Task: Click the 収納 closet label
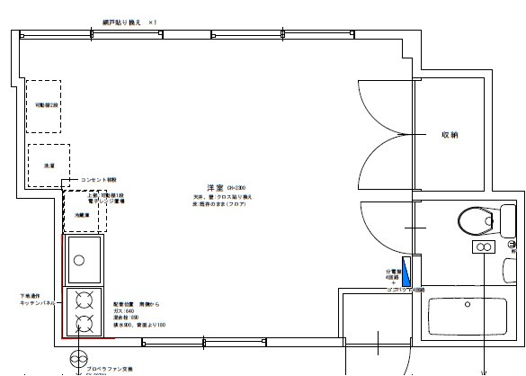(x=449, y=134)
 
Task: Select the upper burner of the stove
(x=85, y=300)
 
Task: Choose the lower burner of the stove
(x=85, y=322)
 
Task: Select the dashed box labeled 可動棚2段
(x=43, y=105)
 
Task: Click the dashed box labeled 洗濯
(x=48, y=166)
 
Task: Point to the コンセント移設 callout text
(x=105, y=179)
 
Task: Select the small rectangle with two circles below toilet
(x=483, y=246)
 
